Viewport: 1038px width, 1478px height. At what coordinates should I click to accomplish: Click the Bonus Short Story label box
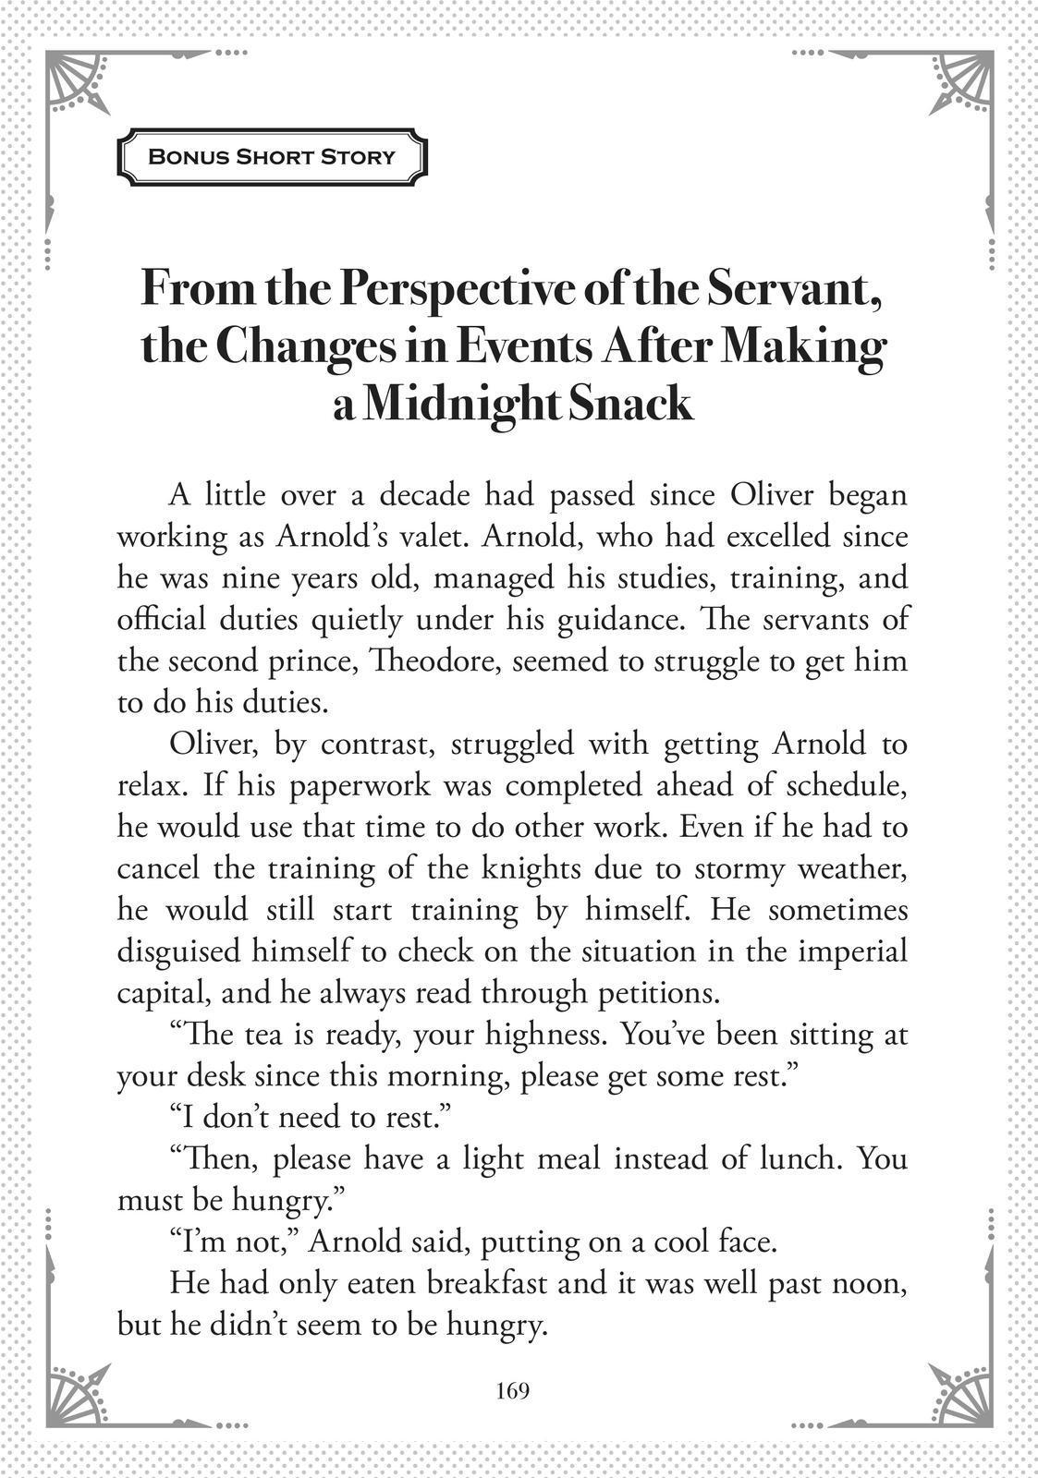point(272,156)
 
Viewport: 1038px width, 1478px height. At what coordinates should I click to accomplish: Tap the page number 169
point(512,1390)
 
